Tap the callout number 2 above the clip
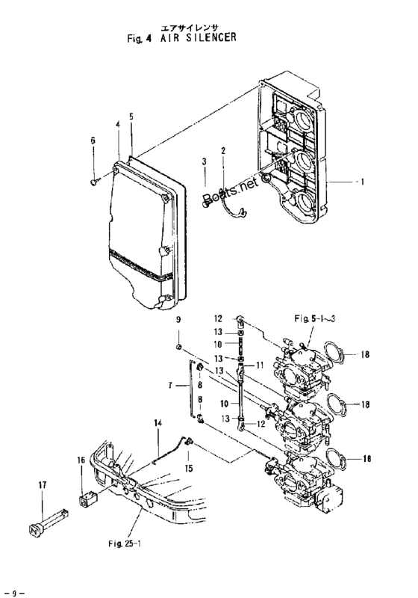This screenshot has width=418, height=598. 222,152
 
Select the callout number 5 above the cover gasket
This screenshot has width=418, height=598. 131,117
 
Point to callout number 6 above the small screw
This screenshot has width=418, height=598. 93,140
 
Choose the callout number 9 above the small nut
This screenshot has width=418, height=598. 178,321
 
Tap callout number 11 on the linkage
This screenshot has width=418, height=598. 261,365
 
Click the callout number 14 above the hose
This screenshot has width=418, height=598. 158,424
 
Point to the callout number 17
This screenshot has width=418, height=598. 42,486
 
